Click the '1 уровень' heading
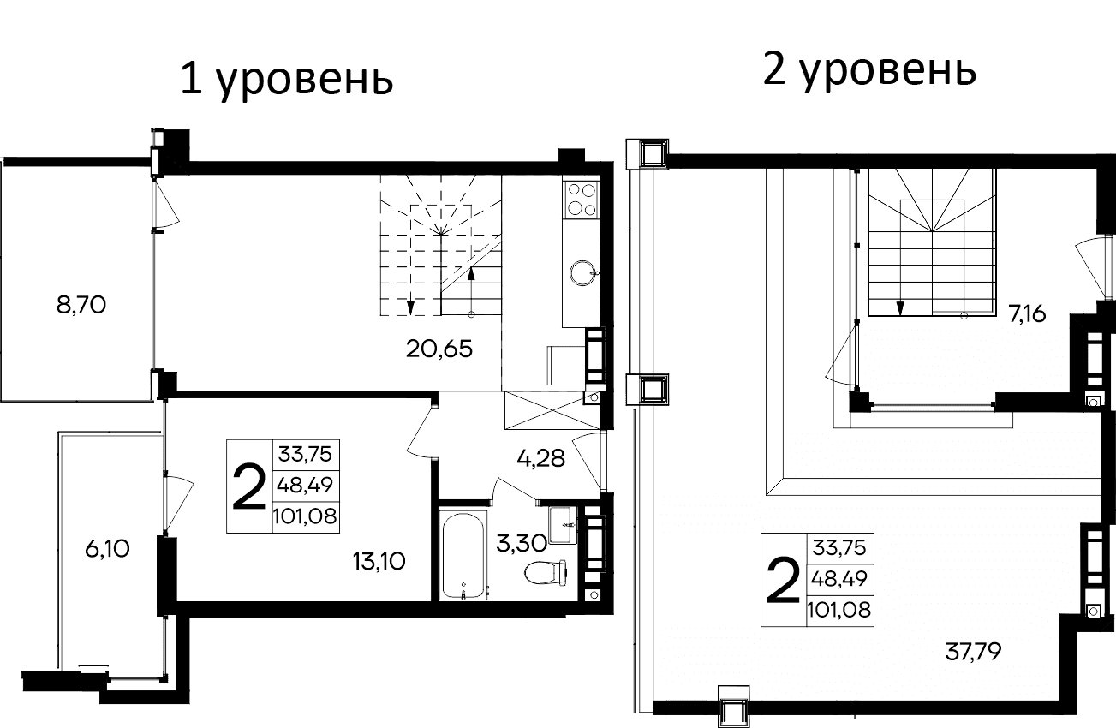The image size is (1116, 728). coord(286,81)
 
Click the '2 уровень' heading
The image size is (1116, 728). coord(868,71)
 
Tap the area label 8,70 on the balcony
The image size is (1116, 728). coord(81,305)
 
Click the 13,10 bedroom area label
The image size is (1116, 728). coord(378,561)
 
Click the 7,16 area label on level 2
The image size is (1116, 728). coord(1027,313)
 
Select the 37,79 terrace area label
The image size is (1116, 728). coord(974,653)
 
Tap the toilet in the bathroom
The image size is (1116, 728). coord(546,570)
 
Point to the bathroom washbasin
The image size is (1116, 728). coord(562,524)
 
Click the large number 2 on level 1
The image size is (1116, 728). coord(249,486)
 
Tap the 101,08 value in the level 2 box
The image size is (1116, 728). coord(840,610)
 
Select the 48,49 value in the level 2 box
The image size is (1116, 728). coord(840,578)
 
